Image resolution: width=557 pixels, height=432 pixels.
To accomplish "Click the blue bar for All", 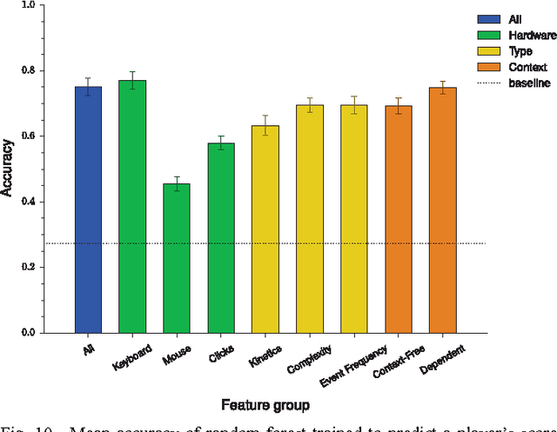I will coord(87,209).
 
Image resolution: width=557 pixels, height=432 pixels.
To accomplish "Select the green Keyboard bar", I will coord(132,206).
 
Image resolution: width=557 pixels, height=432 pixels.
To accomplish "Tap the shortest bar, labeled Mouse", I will coord(177,258).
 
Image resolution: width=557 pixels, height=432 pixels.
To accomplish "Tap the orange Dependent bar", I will coord(443,209).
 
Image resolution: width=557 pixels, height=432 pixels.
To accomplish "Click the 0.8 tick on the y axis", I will coord(29,70).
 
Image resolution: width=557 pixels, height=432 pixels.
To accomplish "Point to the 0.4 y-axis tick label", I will coord(29,202).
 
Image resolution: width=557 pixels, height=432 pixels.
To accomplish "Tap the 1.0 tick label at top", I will coord(29,5).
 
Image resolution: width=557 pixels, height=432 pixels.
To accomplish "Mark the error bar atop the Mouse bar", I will coord(177,183).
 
